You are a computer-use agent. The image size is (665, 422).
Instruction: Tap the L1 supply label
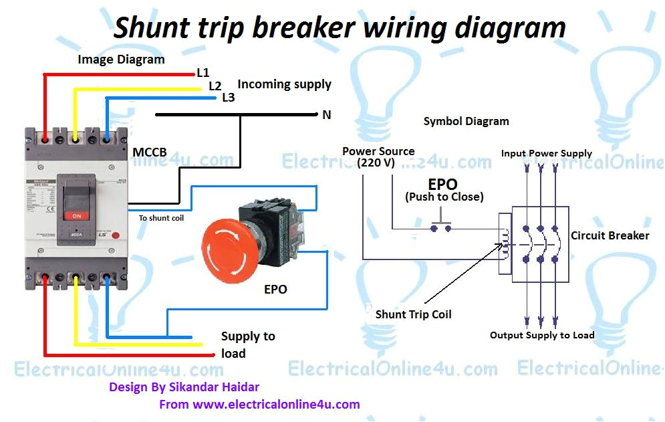point(203,72)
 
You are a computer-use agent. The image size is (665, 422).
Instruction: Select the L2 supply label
point(215,86)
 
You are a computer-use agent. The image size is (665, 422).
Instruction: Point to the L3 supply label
point(228,98)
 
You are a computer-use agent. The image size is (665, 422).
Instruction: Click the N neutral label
point(326,115)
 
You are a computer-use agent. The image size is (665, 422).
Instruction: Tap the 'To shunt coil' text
point(161,218)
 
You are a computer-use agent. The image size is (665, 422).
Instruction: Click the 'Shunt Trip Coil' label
point(413,314)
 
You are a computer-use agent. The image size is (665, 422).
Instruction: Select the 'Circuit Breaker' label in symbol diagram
point(610,235)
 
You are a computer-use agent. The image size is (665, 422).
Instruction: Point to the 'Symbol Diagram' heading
point(466,122)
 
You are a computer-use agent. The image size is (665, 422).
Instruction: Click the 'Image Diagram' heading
point(121,60)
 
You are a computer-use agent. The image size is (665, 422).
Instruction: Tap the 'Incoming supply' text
point(284,84)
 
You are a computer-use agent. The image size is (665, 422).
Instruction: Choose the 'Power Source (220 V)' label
point(378,156)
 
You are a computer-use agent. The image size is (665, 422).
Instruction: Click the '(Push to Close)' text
point(444,197)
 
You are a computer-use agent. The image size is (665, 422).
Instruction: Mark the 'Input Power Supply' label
point(546,153)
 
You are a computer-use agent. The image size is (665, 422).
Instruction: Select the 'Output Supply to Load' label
point(541,335)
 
